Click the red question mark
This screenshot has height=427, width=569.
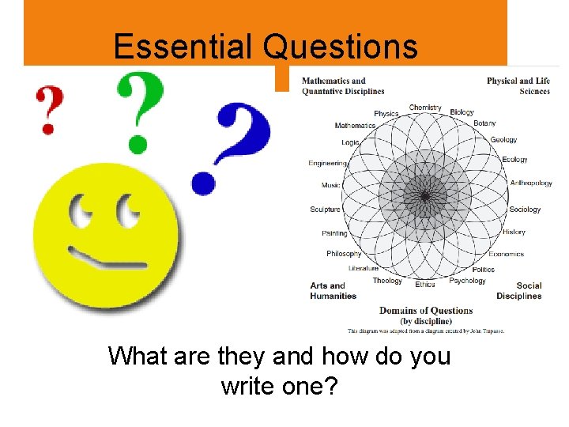click(x=48, y=109)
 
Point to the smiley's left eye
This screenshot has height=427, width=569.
click(x=82, y=213)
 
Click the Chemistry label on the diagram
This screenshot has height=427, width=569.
click(x=425, y=108)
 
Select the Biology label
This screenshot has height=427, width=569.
click(x=462, y=112)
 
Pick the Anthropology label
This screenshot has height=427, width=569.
click(x=531, y=183)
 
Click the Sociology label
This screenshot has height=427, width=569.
click(x=525, y=210)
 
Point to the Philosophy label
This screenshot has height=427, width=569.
click(x=344, y=254)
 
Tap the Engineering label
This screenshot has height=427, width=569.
click(x=327, y=164)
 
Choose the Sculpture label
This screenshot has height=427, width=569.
click(x=325, y=210)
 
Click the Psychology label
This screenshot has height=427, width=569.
click(x=467, y=281)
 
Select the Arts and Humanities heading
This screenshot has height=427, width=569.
click(x=333, y=291)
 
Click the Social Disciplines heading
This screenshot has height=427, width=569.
click(x=519, y=291)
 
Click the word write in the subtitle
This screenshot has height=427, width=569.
click(x=251, y=387)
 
